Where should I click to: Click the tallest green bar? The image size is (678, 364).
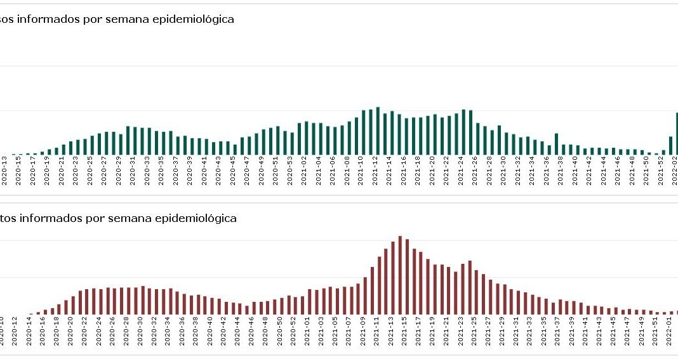coord(378,131)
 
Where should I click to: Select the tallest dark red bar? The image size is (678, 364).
coord(400,275)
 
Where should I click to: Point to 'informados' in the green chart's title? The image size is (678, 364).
coord(50,20)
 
